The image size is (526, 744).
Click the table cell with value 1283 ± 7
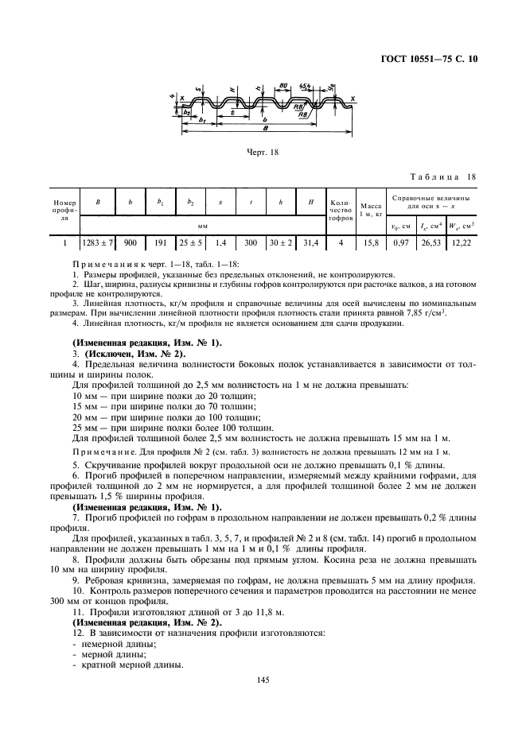coord(97,242)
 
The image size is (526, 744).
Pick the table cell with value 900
coord(131,242)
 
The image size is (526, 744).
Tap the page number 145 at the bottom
coord(263,680)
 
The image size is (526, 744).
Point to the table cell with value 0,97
coord(401,242)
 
